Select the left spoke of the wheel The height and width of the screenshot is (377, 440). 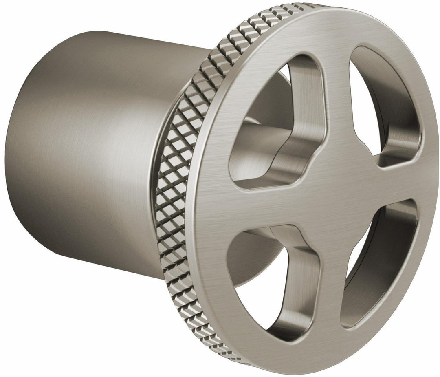(x=253, y=204)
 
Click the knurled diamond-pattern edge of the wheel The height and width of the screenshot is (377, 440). (x=179, y=163)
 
